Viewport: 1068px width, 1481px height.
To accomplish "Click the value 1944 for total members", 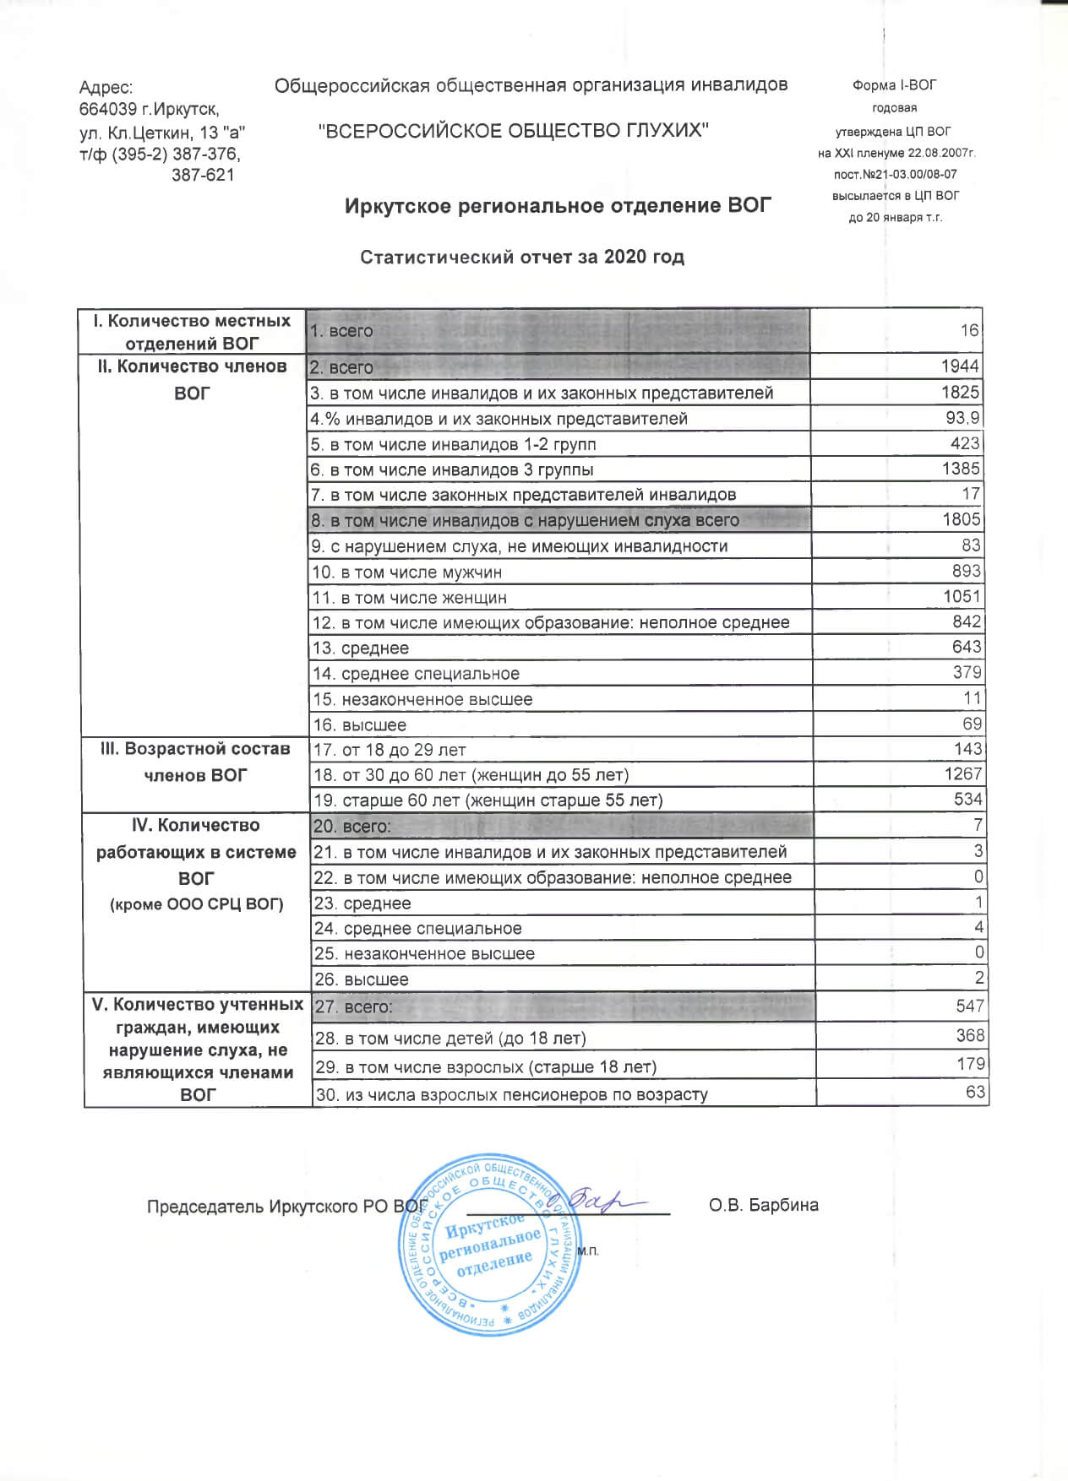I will [x=960, y=366].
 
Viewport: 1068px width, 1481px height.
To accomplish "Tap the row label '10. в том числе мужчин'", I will [x=407, y=572].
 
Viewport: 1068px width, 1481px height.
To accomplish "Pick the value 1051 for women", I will [x=962, y=597].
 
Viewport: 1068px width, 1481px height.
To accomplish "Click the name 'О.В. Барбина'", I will [x=764, y=1205].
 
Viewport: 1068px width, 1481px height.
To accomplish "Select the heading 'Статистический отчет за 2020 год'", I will [x=521, y=257].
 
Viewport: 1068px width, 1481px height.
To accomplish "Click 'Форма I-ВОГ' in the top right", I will [x=894, y=85].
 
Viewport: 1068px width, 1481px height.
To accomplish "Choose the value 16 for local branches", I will [x=969, y=330].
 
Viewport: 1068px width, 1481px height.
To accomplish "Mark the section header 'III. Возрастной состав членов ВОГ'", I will [x=195, y=762].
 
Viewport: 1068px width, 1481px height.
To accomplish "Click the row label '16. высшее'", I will [x=360, y=725].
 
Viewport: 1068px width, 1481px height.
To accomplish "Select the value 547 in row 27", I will [x=970, y=1006].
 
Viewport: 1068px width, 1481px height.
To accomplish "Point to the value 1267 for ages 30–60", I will [x=962, y=774].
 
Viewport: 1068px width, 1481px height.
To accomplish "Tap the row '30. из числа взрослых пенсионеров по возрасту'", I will [x=511, y=1094].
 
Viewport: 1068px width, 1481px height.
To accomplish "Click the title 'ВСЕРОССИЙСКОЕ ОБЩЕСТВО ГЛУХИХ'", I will [x=513, y=130].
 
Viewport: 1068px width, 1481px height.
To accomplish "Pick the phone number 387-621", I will [x=203, y=175].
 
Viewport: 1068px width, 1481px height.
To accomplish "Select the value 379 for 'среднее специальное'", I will [x=967, y=673].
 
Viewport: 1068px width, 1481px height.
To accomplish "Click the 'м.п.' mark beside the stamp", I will [x=589, y=1250].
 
